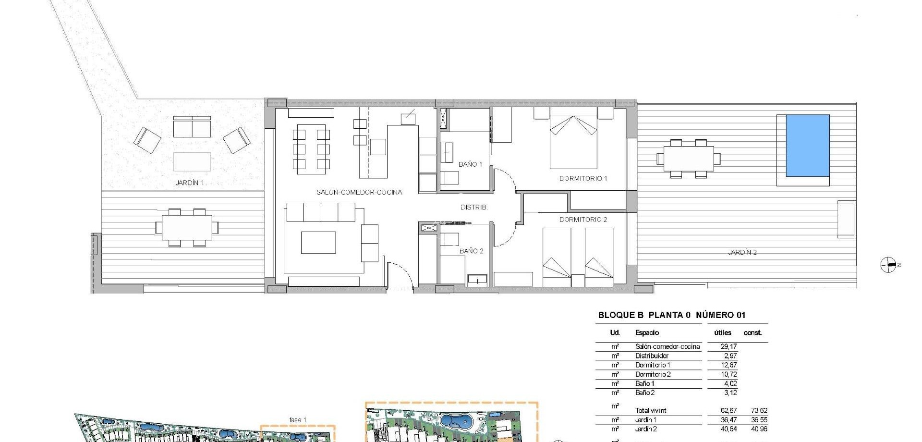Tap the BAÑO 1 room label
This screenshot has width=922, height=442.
(470, 164)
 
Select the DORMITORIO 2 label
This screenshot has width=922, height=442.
(583, 220)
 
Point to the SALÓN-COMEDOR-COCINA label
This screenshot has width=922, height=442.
(359, 192)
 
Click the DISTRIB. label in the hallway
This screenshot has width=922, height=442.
(473, 207)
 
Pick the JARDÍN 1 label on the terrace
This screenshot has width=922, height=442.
(190, 183)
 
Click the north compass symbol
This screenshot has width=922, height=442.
(888, 265)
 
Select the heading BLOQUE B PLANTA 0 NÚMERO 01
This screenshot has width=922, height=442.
(671, 315)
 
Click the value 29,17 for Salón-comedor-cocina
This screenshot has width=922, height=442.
(728, 346)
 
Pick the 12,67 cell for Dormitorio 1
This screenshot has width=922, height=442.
(728, 365)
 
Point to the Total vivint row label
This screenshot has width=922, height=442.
(651, 411)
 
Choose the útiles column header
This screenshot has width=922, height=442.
(722, 332)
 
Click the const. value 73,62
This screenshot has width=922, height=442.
(759, 411)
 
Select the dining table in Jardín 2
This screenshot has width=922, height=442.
(688, 159)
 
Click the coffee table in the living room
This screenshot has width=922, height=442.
(318, 242)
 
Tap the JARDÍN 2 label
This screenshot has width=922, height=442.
(742, 252)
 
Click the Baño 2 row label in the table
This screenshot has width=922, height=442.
(645, 393)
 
